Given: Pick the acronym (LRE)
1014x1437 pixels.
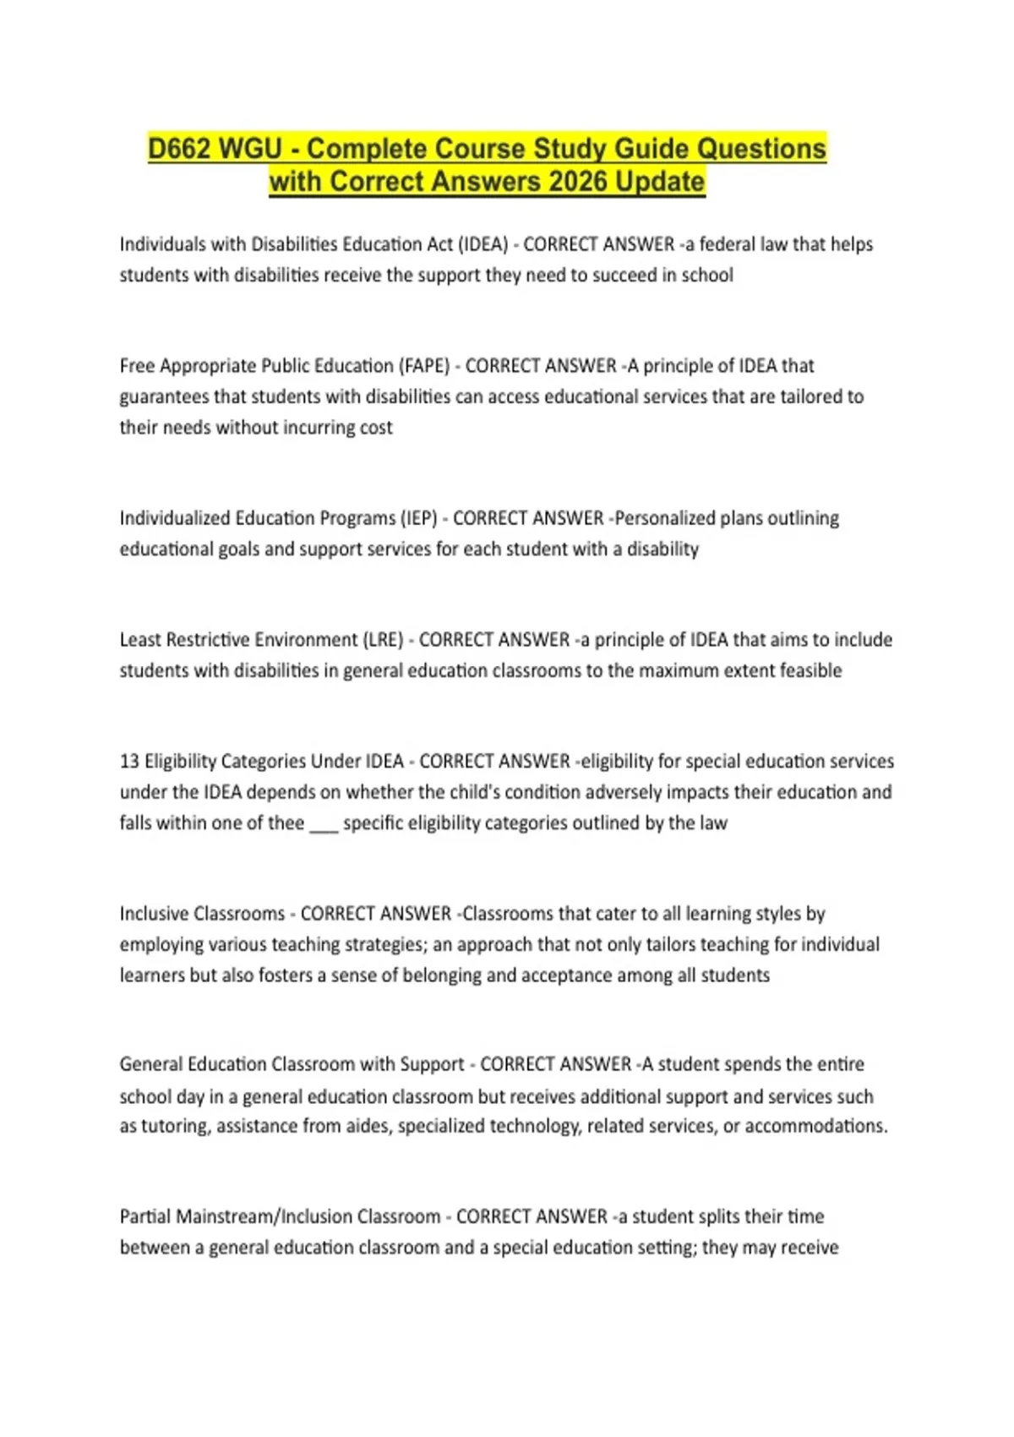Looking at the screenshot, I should point(383,640).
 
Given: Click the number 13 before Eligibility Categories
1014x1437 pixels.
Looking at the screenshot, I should point(129,762).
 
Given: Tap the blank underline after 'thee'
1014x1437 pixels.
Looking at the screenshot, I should point(324,824).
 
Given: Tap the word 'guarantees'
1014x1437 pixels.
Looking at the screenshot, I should point(164,397).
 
